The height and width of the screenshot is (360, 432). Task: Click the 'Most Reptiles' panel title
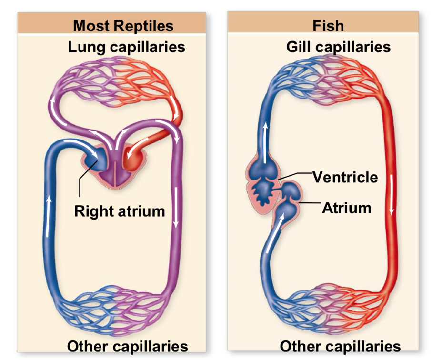(x=123, y=25)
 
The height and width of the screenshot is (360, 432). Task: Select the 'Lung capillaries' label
(x=126, y=47)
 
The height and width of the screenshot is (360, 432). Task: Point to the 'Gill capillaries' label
(x=338, y=47)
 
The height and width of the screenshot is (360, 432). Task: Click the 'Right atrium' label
(x=120, y=210)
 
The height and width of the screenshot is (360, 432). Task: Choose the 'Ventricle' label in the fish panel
(x=345, y=177)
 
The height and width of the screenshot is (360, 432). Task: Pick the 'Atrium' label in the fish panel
(x=346, y=208)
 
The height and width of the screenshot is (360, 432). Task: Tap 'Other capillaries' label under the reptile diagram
(x=127, y=346)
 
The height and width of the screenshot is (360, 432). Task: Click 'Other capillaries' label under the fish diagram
(x=340, y=346)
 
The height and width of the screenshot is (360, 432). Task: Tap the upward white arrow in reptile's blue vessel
(x=49, y=217)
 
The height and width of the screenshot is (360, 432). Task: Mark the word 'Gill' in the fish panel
(x=299, y=47)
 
